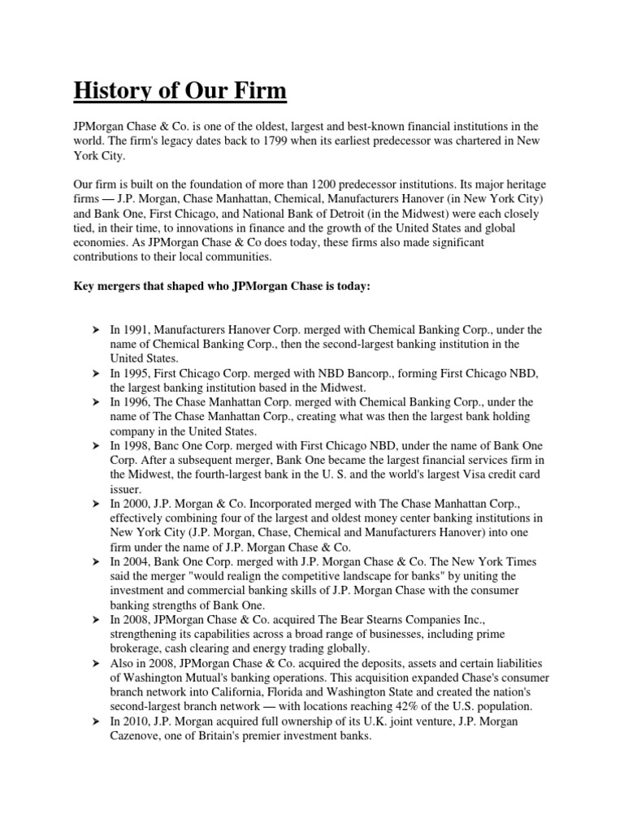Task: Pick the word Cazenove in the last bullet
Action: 139,736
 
